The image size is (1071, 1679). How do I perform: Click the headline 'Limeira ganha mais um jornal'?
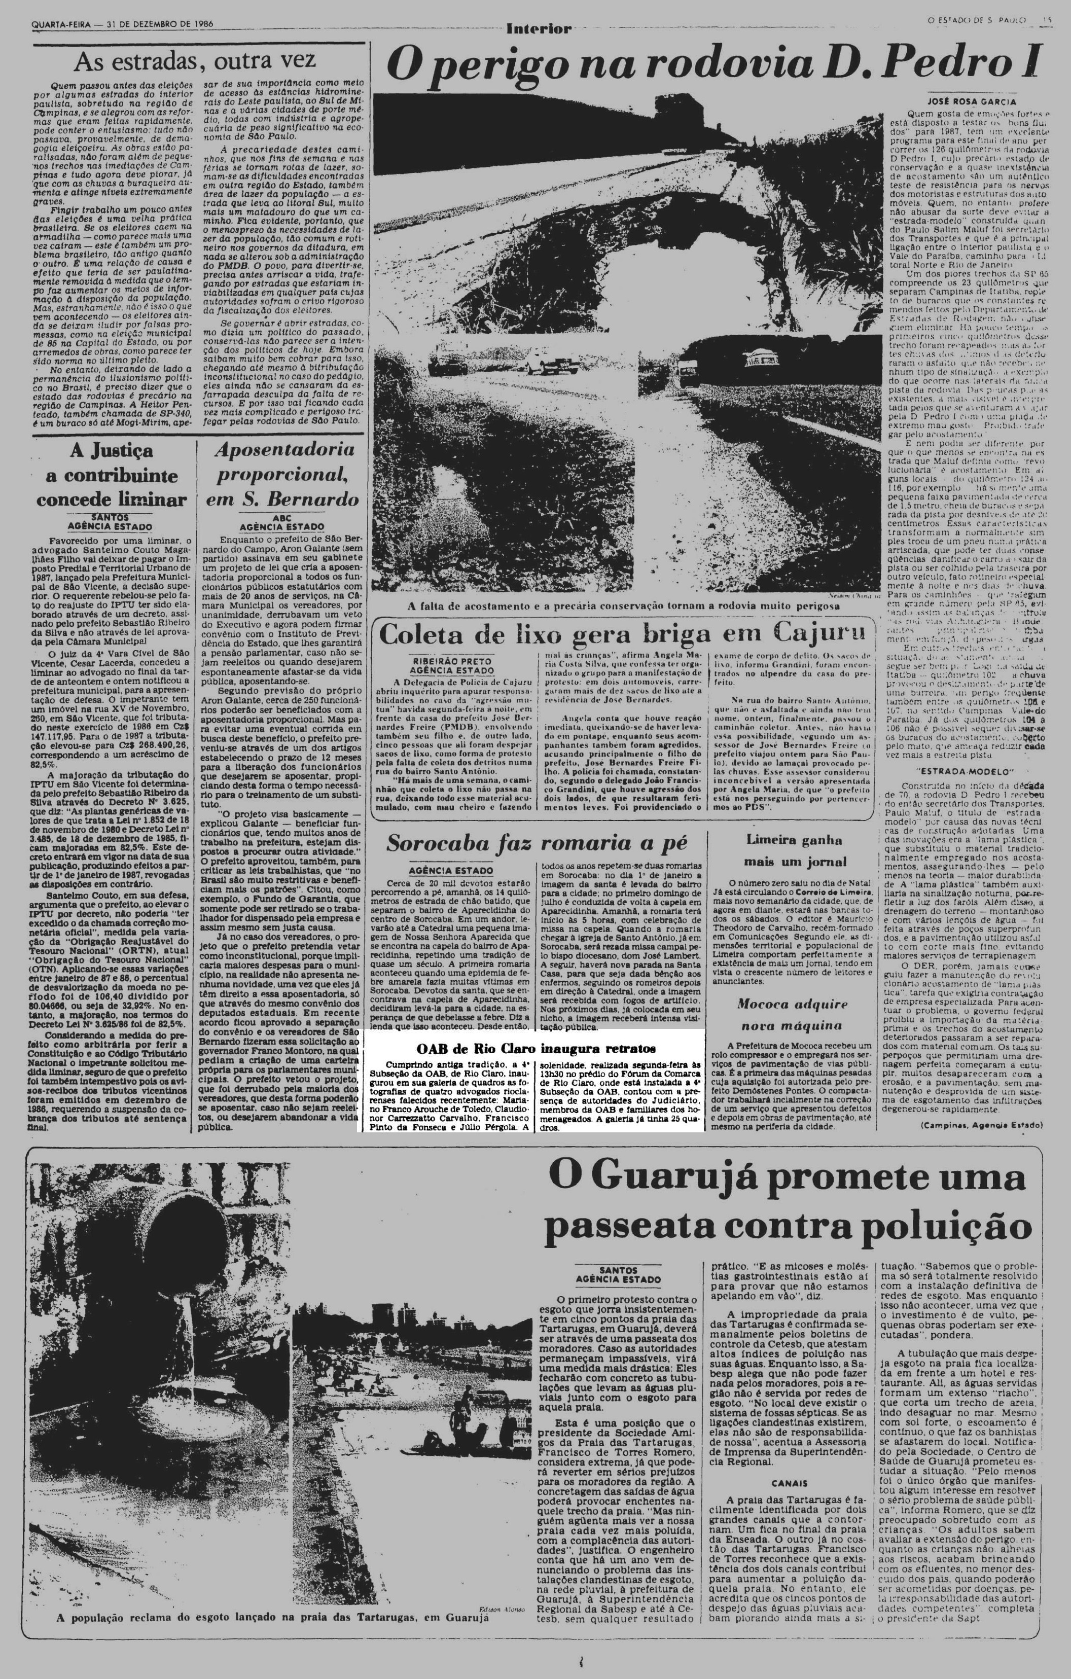click(794, 851)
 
